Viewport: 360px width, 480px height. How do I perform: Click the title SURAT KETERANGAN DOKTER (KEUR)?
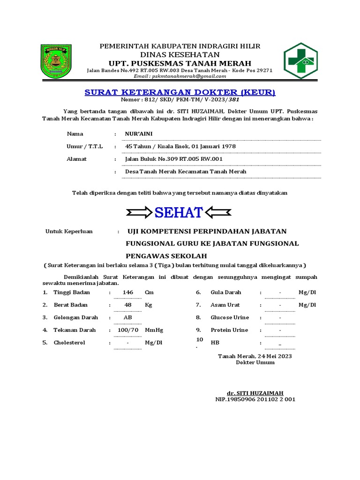click(x=180, y=92)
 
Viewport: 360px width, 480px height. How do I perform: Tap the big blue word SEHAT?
click(x=179, y=212)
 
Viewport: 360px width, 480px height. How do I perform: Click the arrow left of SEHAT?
click(x=139, y=212)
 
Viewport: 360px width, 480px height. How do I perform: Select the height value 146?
click(x=128, y=292)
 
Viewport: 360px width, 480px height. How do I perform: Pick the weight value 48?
click(x=128, y=305)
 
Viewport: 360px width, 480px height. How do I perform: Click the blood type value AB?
click(x=127, y=317)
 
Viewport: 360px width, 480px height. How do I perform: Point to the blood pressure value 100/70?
click(x=128, y=330)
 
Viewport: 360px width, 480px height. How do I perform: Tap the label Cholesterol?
click(x=69, y=343)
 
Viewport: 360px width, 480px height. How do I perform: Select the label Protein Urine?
click(x=229, y=330)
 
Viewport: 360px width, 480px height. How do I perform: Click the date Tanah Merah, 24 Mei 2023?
click(x=255, y=356)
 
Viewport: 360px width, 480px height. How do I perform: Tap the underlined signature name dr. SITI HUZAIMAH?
click(x=255, y=393)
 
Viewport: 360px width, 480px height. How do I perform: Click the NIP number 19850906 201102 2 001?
click(x=255, y=399)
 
